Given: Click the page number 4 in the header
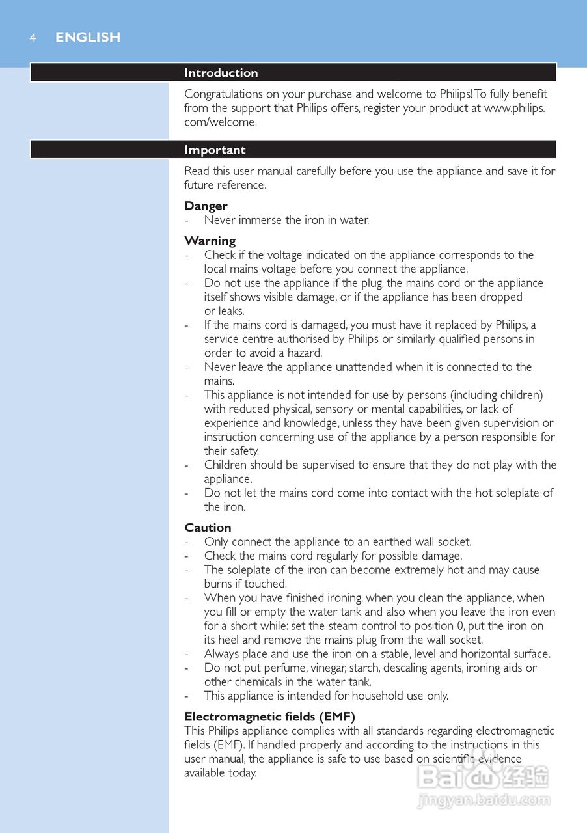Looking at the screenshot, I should click(x=32, y=38).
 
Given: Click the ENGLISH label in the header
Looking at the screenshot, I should click(x=88, y=38).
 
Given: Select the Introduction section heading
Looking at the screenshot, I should click(x=221, y=73).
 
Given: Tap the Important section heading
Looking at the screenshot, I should click(x=215, y=150).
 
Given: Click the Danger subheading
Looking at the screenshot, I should click(x=206, y=206).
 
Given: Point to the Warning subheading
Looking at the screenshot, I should click(x=210, y=241).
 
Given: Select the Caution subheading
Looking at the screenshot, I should click(x=208, y=528).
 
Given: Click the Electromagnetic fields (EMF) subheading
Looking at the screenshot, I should click(x=269, y=717).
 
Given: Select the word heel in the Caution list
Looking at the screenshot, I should click(x=232, y=640).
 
